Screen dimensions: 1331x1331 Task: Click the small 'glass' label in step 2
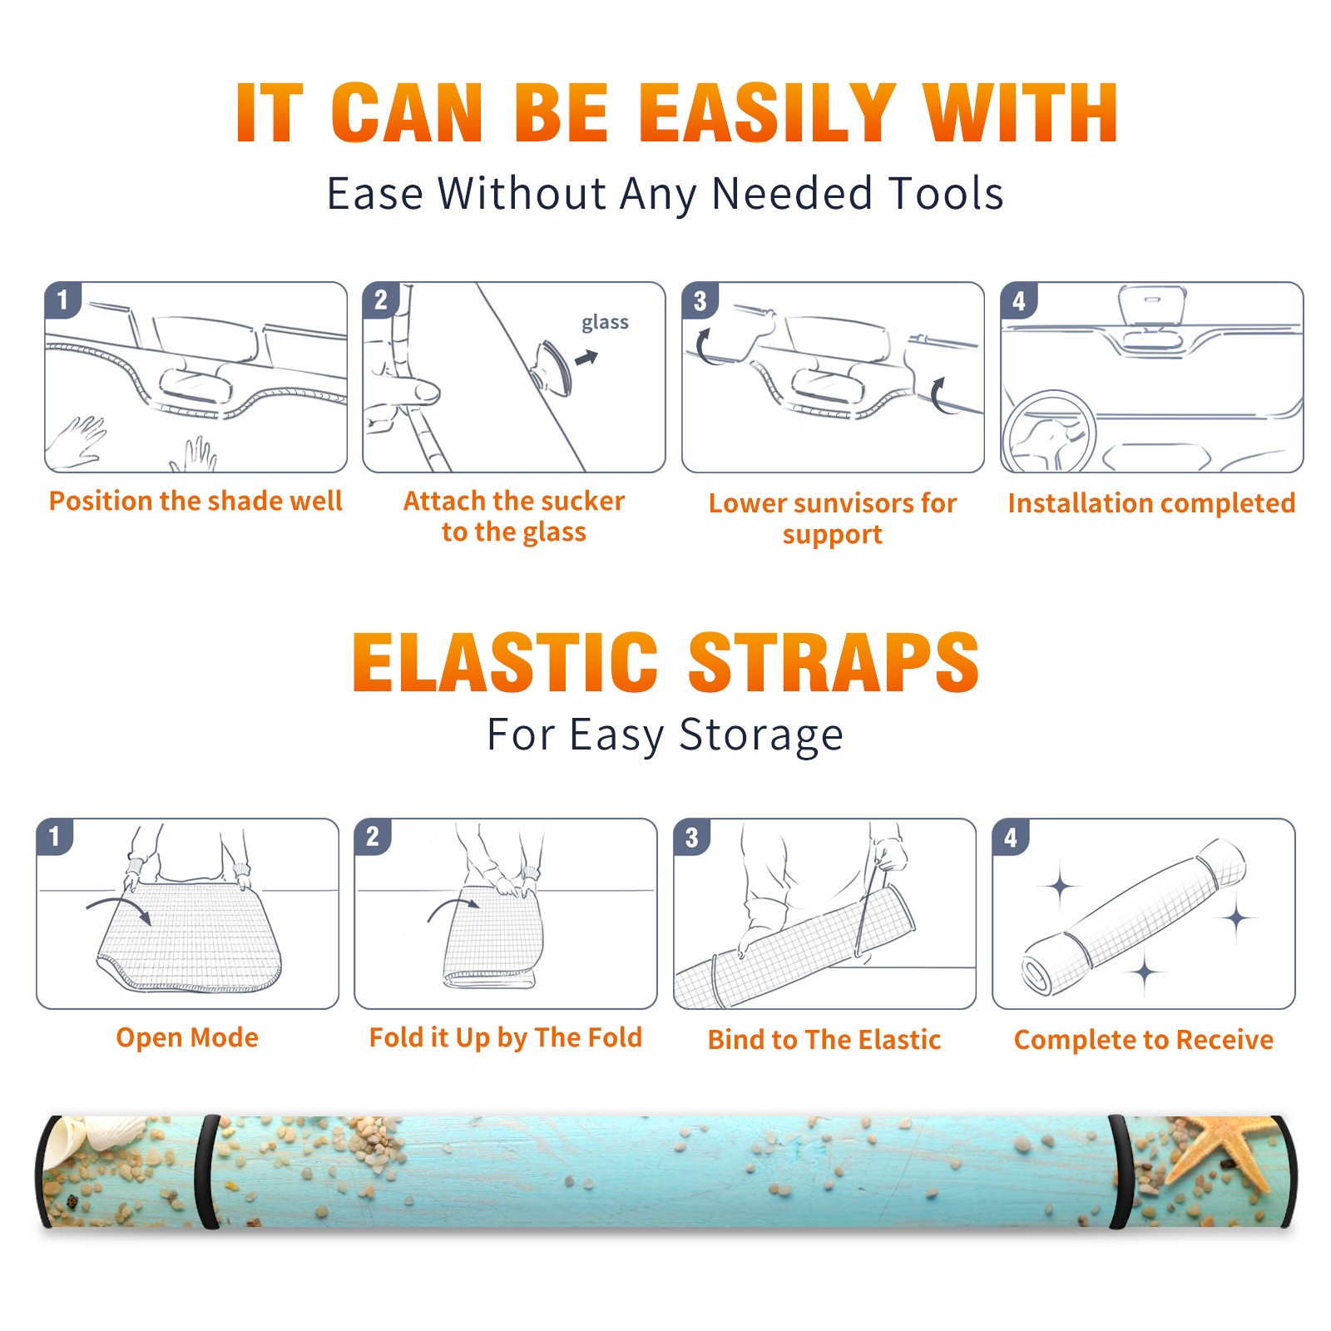pos(605,323)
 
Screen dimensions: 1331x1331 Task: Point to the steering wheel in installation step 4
pos(1049,432)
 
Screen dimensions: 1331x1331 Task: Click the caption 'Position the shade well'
pos(195,501)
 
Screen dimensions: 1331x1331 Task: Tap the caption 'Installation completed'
pos(1151,503)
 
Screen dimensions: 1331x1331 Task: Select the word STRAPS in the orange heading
pos(834,662)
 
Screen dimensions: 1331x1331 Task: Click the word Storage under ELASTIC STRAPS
pos(761,736)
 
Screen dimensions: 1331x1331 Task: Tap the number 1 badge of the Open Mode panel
pos(55,837)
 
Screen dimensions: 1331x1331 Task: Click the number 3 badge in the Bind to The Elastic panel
pos(692,837)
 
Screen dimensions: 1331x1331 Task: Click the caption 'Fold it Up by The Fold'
pos(506,1037)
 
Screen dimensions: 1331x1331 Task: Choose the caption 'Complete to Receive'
pos(1144,1040)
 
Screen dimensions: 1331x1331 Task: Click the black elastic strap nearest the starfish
pos(1120,1172)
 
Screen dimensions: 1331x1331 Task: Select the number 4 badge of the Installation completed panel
pos(1018,300)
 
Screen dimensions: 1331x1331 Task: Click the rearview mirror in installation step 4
pos(1152,305)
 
